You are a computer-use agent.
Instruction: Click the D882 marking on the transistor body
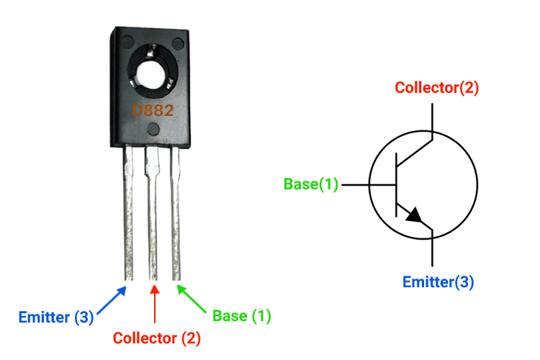coord(152,111)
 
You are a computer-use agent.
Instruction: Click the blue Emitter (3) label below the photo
coord(56,317)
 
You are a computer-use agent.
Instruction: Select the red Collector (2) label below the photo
coord(156,337)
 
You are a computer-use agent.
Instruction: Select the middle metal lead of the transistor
coord(153,216)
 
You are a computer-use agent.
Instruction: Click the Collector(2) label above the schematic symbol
coord(437,88)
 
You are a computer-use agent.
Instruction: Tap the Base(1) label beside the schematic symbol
coord(311,184)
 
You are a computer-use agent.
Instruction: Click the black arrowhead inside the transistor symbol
coord(413,215)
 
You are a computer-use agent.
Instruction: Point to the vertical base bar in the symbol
coord(396,185)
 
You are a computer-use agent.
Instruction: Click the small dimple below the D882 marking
coord(153,130)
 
